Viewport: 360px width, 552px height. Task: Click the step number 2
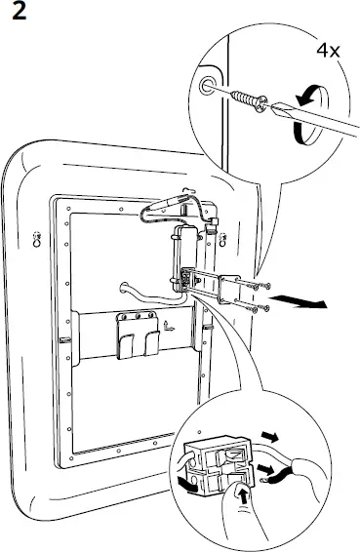click(x=17, y=18)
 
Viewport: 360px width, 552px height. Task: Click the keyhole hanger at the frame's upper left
click(x=37, y=237)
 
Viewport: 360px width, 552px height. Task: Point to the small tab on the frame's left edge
click(x=63, y=341)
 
